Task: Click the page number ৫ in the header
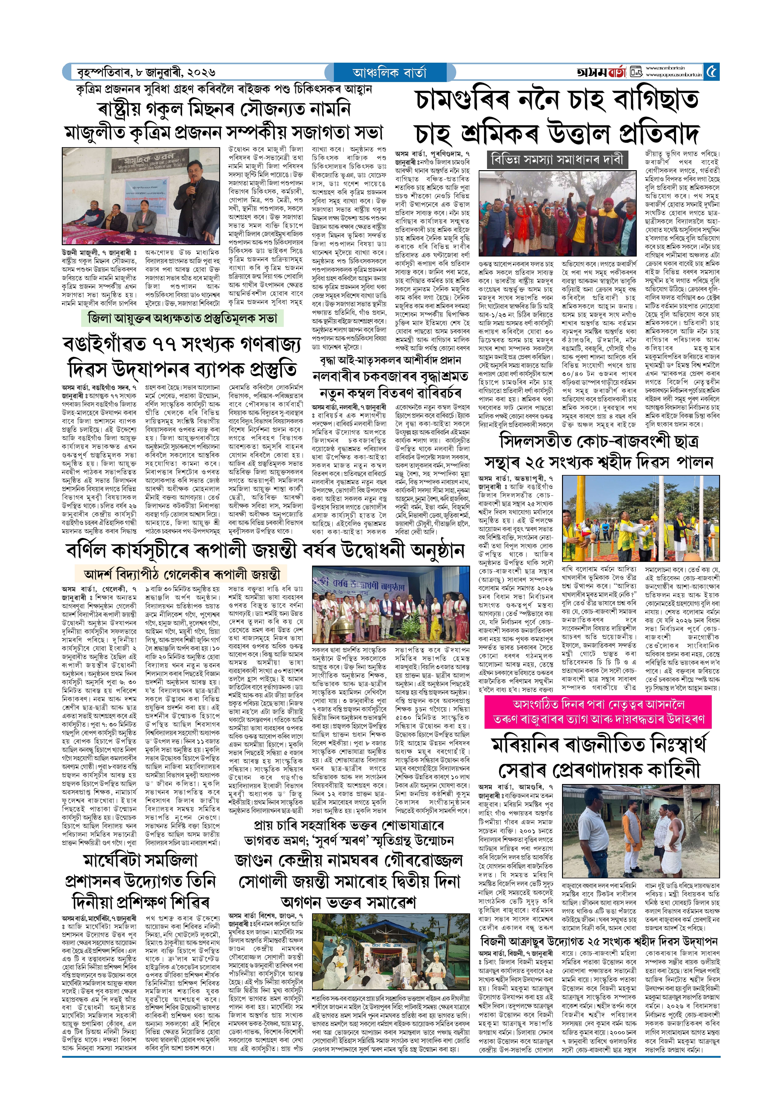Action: click(x=711, y=72)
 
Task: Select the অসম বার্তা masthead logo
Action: click(x=601, y=72)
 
